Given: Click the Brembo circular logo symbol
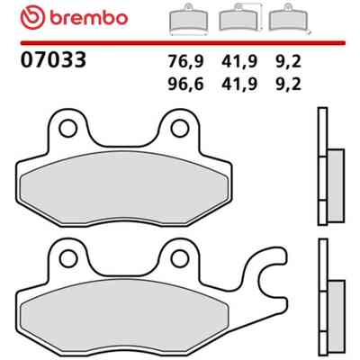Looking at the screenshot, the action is tap(32, 17).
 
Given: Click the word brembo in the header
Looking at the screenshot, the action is tap(89, 18).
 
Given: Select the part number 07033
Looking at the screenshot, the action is tap(53, 59).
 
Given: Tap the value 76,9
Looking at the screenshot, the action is tap(185, 62).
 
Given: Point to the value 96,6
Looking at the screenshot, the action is tap(185, 85).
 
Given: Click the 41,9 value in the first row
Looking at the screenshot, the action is tap(239, 62).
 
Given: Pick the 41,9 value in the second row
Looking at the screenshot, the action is tap(239, 85).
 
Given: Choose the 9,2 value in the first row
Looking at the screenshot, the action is tap(288, 62).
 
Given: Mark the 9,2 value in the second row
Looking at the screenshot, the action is tap(288, 85).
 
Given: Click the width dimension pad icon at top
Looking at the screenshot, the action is tap(188, 20).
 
